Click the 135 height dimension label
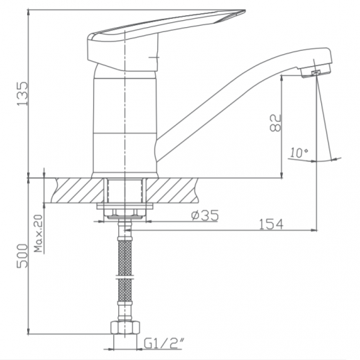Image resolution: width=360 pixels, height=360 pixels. coord(23,92)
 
